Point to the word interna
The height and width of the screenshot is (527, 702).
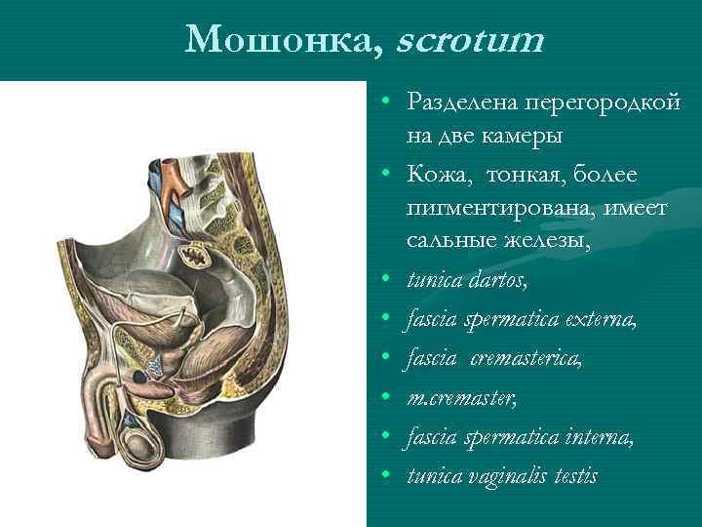(599, 438)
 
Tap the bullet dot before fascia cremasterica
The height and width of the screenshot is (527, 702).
(387, 358)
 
